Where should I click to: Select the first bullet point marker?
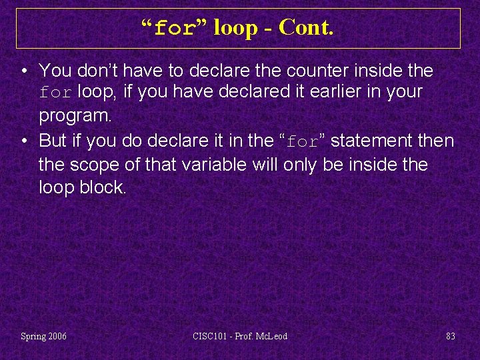23,71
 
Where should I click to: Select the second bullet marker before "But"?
23,141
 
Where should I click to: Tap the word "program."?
75,115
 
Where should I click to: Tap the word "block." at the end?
101,187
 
